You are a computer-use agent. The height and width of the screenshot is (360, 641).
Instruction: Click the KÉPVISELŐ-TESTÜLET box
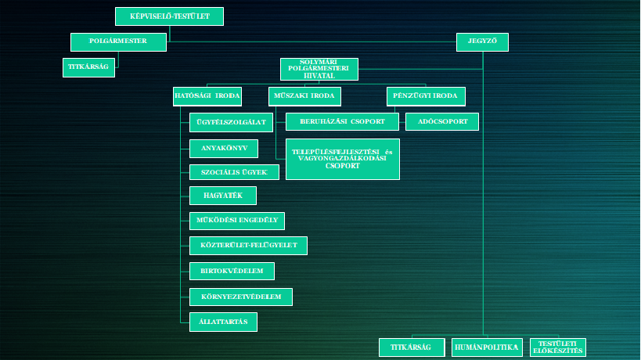[169, 16]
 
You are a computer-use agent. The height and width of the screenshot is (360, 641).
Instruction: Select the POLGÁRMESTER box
[118, 42]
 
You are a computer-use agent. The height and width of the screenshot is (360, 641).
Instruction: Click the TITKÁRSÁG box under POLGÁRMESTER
[88, 67]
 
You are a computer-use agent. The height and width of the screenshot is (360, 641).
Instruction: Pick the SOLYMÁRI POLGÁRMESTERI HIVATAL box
[319, 69]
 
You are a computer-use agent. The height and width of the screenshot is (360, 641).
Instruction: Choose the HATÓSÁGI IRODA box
[207, 96]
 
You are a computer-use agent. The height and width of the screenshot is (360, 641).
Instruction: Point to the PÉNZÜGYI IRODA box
[426, 96]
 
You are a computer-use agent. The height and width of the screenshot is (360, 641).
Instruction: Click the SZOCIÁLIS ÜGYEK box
[234, 172]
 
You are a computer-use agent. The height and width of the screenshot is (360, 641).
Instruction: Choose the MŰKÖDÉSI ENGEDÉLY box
[237, 221]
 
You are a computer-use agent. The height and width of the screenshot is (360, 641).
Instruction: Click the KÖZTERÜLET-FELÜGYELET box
[248, 246]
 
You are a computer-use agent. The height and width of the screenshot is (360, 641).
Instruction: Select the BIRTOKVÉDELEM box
[232, 271]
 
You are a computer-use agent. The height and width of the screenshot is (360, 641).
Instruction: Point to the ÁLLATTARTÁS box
[223, 321]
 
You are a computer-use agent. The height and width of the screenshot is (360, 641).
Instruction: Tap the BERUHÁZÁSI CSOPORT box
[342, 121]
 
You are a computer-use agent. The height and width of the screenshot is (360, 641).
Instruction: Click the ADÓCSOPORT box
[441, 121]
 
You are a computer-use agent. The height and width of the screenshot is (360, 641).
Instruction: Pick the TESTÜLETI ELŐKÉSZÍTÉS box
[557, 347]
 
